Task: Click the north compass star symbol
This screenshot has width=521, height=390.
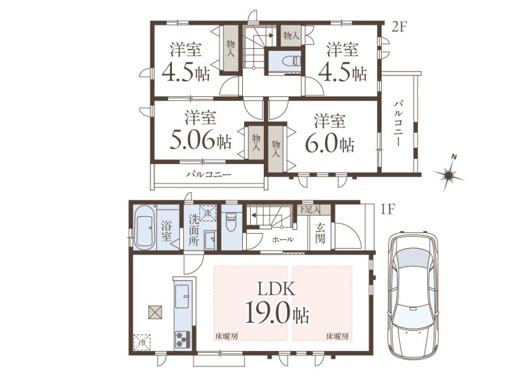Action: click(x=448, y=173)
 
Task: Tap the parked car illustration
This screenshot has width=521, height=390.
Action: click(x=414, y=296)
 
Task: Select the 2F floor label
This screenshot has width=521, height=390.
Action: click(x=399, y=27)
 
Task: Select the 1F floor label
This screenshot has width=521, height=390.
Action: click(x=387, y=210)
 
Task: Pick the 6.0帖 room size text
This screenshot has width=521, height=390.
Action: click(x=330, y=144)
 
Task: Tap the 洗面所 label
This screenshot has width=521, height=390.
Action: click(x=193, y=230)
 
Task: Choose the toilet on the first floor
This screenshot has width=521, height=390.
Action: click(x=231, y=222)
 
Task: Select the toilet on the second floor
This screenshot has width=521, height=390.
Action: click(x=291, y=61)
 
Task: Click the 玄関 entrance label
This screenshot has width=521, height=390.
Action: click(x=320, y=233)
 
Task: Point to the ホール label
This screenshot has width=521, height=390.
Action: click(x=283, y=240)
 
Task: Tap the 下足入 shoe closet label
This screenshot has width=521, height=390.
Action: click(x=310, y=210)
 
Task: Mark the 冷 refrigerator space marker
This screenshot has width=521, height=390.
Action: click(x=142, y=342)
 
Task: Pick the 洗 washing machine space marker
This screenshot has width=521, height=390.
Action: click(x=208, y=214)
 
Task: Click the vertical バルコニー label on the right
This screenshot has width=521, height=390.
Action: click(x=399, y=122)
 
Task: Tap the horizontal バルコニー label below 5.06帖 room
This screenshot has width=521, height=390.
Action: click(x=208, y=174)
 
